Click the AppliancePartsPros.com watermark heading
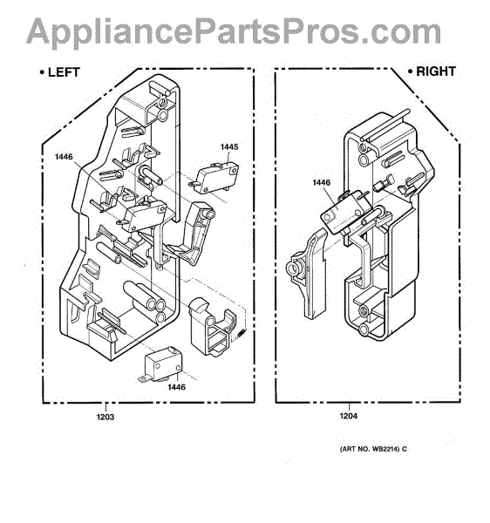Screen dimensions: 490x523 [x=234, y=32]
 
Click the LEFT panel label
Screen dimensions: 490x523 [x=64, y=72]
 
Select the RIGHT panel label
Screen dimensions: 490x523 [x=436, y=71]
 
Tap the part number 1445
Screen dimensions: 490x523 [x=229, y=146]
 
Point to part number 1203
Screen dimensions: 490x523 [x=105, y=417]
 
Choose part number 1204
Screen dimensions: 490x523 [x=349, y=416]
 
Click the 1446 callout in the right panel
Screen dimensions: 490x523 [x=322, y=182]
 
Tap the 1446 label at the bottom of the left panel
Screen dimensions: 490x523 [x=176, y=387]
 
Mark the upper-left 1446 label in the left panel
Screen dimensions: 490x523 [x=64, y=156]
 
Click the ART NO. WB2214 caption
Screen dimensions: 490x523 [x=370, y=449]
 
